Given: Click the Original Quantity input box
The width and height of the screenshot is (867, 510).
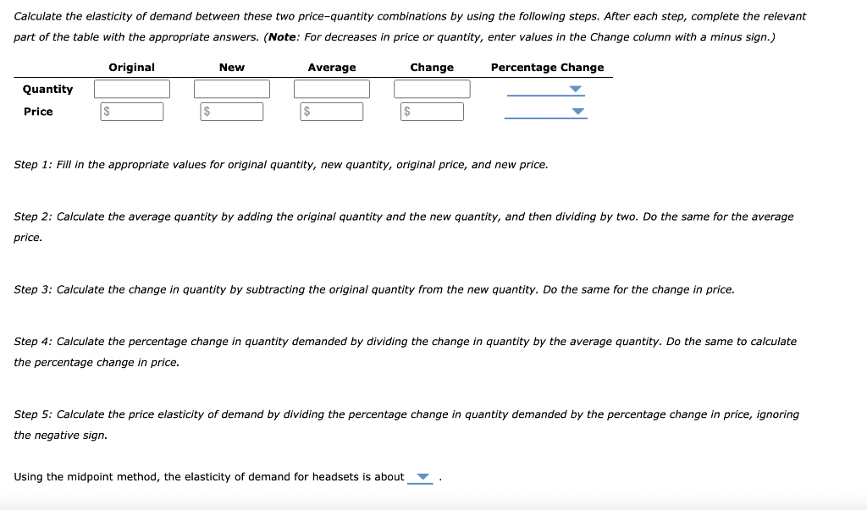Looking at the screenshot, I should [132, 89].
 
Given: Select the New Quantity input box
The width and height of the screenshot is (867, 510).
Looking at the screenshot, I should [232, 89].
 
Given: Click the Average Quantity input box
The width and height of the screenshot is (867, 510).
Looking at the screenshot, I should [332, 89].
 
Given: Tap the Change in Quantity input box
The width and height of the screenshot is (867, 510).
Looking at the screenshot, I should [432, 89].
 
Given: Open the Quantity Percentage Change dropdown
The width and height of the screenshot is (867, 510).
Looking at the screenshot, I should [547, 90].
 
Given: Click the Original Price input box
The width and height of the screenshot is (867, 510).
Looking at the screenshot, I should [132, 112].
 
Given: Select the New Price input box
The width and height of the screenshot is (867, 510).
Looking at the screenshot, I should [232, 112].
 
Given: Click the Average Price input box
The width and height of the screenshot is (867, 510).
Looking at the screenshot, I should [332, 112].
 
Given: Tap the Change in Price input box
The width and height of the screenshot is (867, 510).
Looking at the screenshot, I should [432, 112].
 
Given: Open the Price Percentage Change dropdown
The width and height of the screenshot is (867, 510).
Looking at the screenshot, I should [547, 112].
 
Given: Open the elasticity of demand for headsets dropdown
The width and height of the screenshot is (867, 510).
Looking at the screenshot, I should [421, 478].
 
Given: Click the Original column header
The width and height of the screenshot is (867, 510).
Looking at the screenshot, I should [131, 68].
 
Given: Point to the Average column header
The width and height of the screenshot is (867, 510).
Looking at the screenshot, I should [332, 68].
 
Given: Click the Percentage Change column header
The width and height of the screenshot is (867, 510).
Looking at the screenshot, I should [547, 68].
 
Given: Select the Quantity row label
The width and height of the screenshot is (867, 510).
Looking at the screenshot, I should [47, 89].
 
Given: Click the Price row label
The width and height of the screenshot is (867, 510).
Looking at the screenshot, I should [38, 112].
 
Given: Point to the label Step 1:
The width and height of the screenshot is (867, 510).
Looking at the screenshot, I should [33, 164].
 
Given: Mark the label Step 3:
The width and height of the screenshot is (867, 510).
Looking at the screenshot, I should [33, 289].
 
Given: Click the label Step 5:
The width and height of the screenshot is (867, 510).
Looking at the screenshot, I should [33, 414].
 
